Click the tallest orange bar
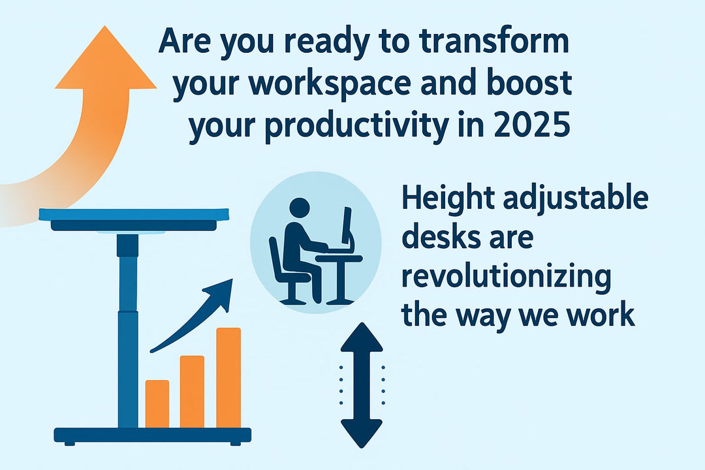(x=228, y=377)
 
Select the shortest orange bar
(x=157, y=403)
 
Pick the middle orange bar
(x=192, y=390)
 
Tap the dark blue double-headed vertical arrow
(x=362, y=385)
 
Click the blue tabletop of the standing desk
(x=134, y=215)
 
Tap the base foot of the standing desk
(x=153, y=435)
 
